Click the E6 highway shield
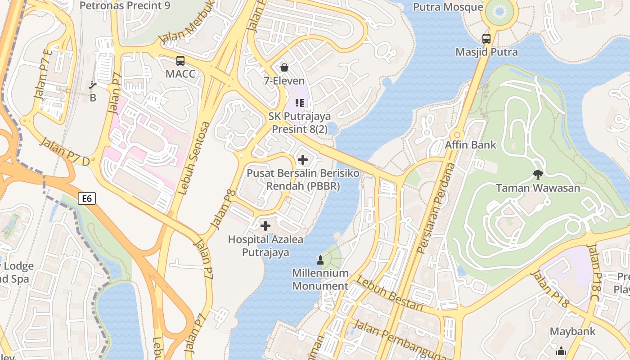[x=87, y=198]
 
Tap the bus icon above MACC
[x=180, y=60]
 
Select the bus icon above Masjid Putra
[x=486, y=39]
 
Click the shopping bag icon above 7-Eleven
[x=284, y=67]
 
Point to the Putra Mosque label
[x=448, y=7]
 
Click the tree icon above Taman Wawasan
[x=538, y=174]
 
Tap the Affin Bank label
[x=470, y=145]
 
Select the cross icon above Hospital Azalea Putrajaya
[x=265, y=225]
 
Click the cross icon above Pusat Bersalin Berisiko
[x=303, y=159]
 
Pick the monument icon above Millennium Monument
[x=320, y=260]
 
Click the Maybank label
[x=572, y=332]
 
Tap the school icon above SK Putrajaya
[x=300, y=103]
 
